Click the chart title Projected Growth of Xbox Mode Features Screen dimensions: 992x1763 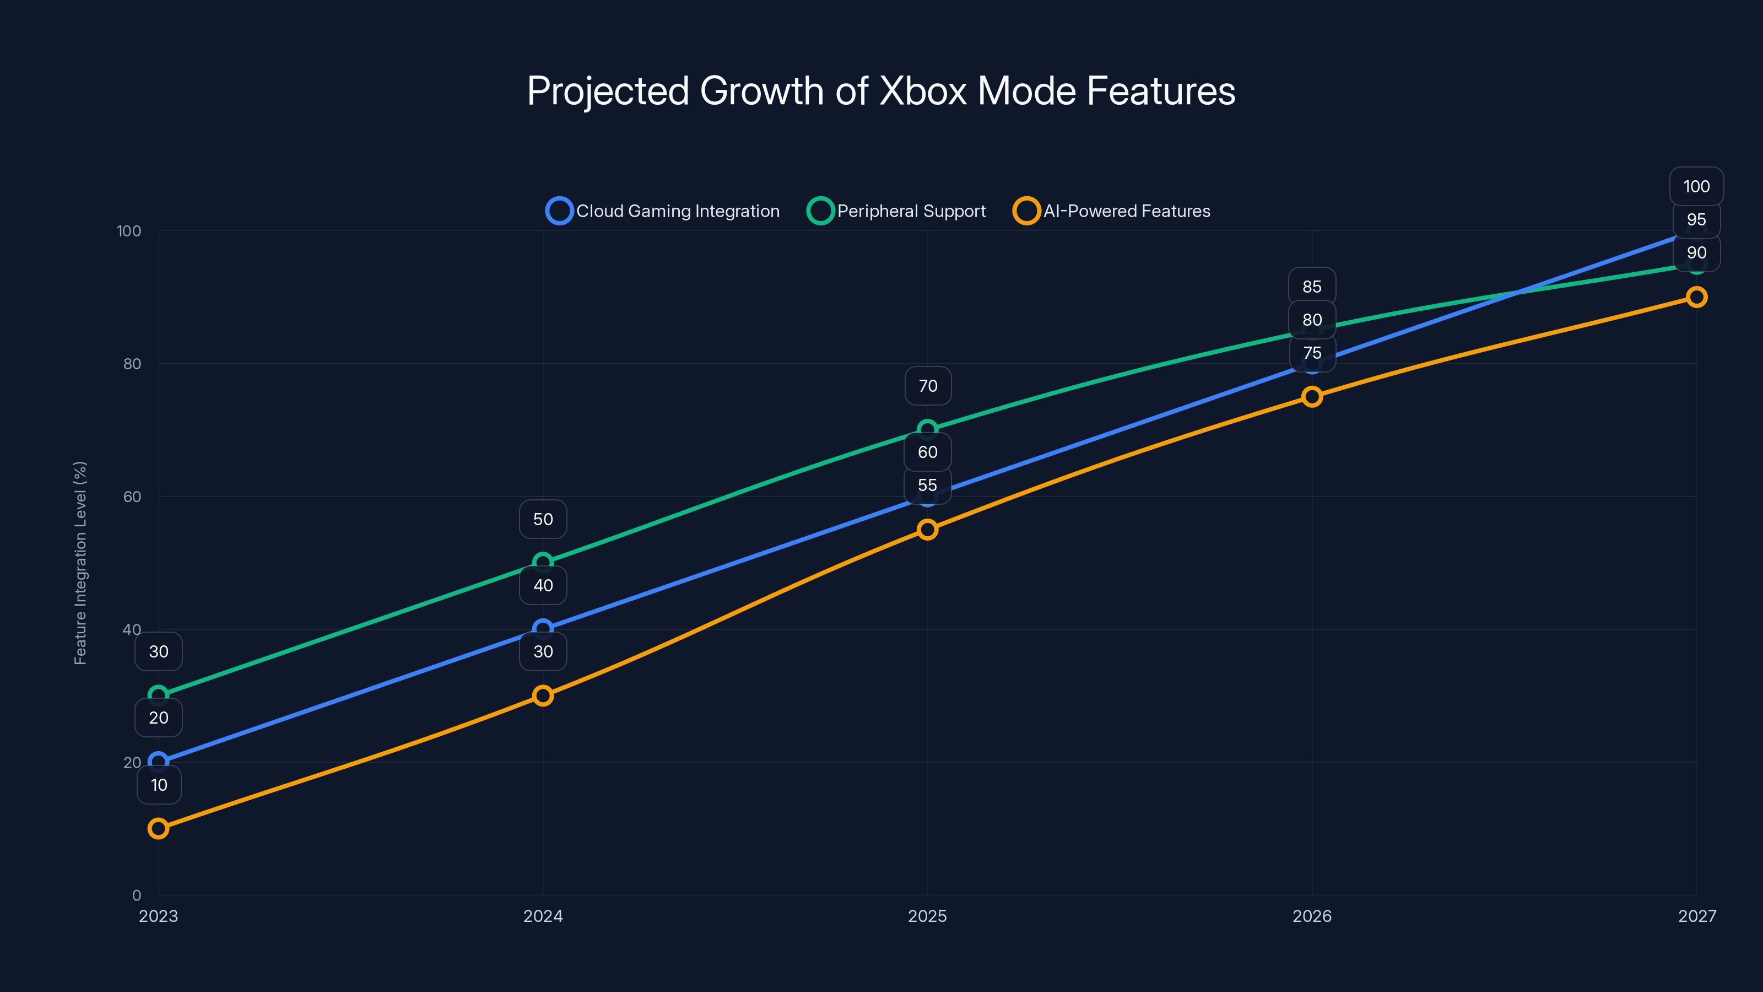point(881,91)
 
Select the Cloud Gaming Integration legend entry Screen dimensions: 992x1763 point(662,211)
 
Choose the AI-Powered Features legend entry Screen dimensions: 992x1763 point(1112,211)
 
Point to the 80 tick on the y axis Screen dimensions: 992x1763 point(132,364)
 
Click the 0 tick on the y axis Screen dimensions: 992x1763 point(136,895)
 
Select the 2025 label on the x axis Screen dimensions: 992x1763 point(927,916)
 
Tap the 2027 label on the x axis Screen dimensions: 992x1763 point(1697,916)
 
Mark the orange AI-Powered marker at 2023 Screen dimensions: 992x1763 point(158,828)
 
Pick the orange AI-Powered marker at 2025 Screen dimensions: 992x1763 point(927,529)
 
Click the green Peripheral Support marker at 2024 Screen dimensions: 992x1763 point(543,562)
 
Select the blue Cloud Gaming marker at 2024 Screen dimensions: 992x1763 point(543,628)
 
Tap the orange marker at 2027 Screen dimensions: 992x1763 point(1697,297)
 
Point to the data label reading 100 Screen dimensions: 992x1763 point(1697,186)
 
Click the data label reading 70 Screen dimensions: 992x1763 point(927,386)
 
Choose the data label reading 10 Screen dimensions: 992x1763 point(159,785)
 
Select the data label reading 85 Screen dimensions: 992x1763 point(1311,287)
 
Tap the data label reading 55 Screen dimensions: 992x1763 point(927,486)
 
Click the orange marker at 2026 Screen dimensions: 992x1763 point(1312,396)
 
